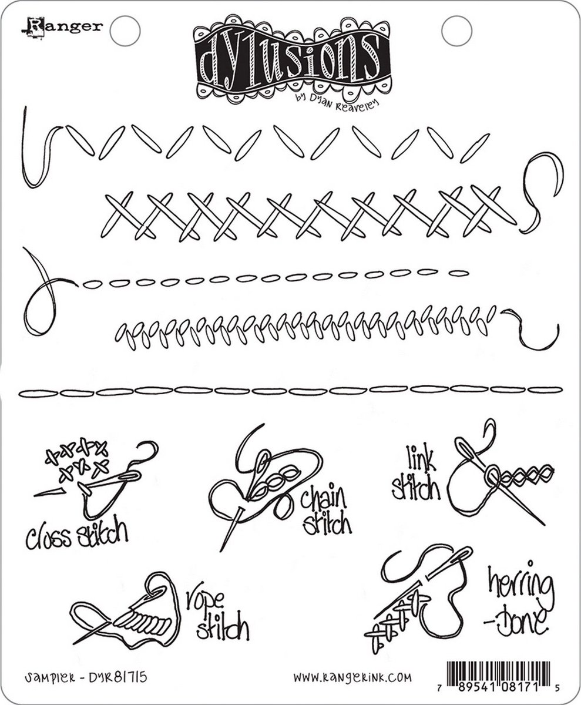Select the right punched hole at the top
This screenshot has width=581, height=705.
tap(452, 25)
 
